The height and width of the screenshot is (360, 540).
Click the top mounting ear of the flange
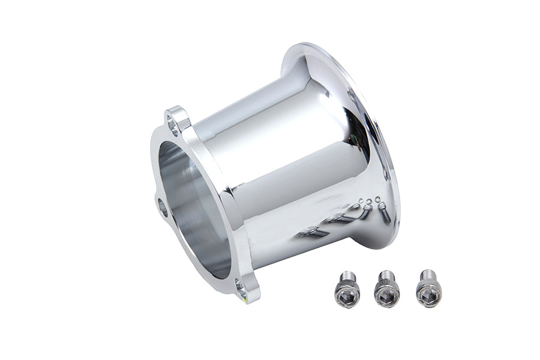176,120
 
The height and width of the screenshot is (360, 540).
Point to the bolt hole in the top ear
174,125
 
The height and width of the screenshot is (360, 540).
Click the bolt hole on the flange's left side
163,207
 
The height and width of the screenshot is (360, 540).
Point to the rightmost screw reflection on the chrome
383,212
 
